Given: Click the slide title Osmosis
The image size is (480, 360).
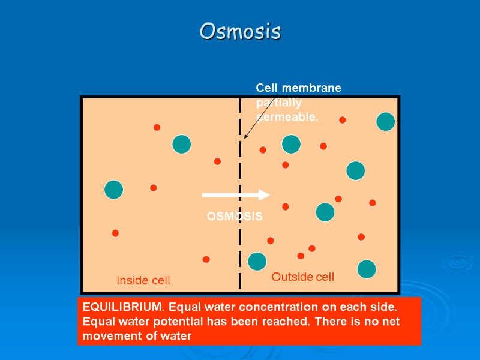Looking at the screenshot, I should coord(240,31).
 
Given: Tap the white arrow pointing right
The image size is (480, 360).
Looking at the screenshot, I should coord(236,194).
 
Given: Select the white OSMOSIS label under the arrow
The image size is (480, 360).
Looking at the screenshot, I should coord(235,217).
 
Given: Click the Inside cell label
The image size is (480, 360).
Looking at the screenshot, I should coord(143,280).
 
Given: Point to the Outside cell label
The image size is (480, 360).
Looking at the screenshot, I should coord(302,277).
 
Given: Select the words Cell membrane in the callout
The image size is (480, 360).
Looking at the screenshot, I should coord(299,88).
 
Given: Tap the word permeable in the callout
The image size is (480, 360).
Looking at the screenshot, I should coord(287,117).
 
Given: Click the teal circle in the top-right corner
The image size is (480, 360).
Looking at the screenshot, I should coord(385,121).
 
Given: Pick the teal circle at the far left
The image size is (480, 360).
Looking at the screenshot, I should coord(113,190).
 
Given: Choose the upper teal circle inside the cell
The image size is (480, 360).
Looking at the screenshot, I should coord(181,144).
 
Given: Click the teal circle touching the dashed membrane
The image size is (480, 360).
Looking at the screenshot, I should coord(257,262).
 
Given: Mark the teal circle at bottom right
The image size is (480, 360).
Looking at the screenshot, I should coord(367,269).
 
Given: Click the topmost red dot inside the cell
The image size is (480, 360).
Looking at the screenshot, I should coord(157,127).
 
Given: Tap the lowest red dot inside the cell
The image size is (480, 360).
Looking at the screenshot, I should coord(206,259).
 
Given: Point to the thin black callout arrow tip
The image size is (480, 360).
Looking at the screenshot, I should coord(245,139).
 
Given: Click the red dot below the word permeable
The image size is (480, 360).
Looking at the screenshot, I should coord(263,150).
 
